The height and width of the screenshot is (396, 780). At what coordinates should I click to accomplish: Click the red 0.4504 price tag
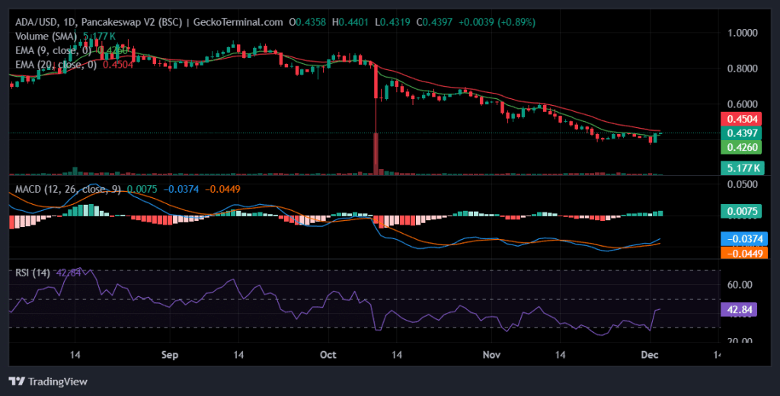(743, 118)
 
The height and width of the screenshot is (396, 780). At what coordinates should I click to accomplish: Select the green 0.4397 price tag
(743, 133)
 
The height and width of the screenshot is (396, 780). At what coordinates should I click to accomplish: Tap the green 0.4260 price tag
(743, 146)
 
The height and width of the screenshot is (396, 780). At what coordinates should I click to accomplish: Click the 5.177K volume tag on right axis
(743, 167)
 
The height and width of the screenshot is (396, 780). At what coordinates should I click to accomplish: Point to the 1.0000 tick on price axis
(743, 34)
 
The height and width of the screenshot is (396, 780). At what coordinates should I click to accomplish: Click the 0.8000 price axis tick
(743, 69)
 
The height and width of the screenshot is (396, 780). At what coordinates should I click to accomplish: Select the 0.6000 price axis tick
(743, 104)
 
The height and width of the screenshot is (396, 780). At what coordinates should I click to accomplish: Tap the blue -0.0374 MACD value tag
(743, 238)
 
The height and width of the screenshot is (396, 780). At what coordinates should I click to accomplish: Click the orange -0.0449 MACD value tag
(743, 253)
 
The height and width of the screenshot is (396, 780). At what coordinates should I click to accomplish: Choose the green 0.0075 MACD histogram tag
(743, 212)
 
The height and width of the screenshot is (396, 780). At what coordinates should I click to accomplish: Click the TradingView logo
(48, 381)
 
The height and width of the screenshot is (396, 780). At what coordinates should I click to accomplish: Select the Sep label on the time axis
(170, 355)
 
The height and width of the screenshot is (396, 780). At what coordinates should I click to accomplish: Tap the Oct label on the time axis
(328, 355)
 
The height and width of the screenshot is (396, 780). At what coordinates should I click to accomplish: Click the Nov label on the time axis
(492, 355)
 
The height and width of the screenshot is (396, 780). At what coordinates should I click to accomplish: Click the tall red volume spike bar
(376, 154)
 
